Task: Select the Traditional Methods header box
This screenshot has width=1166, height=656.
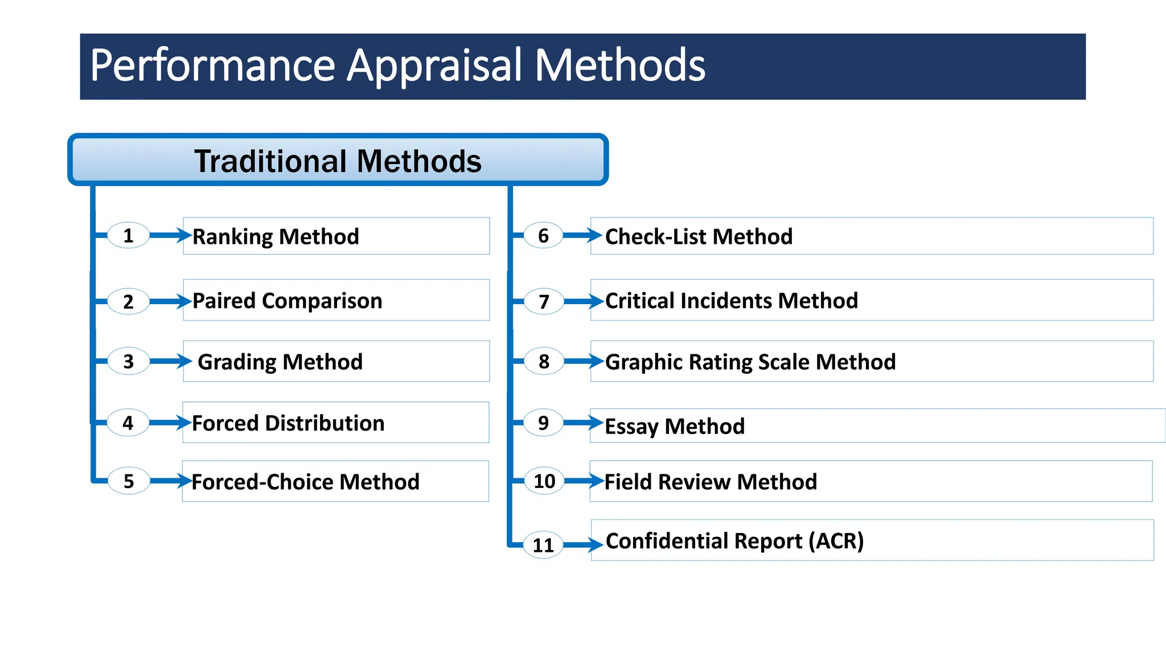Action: pos(338,160)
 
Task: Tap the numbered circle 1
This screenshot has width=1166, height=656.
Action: pos(128,235)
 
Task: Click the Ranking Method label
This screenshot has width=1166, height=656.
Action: pos(276,236)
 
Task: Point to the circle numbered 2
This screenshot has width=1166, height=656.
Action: pos(128,301)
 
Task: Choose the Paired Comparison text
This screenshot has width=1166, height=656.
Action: pos(287,301)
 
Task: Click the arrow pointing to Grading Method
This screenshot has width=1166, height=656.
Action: pos(170,361)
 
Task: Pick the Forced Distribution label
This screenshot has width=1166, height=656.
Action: pos(288,423)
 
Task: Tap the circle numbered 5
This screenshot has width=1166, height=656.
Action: pos(129,481)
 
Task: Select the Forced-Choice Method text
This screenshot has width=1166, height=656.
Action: pos(305,482)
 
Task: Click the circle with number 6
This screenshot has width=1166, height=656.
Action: pos(543,235)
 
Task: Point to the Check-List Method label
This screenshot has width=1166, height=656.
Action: pos(699,236)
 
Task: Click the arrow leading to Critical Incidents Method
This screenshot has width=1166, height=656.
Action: pos(583,301)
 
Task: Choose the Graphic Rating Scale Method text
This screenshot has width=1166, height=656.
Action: pos(750,362)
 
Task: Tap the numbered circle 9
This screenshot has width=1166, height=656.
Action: pos(543,423)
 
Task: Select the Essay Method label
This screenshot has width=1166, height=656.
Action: pos(675,426)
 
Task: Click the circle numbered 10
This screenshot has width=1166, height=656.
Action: pos(544,481)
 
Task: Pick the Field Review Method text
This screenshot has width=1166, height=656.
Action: pos(711,482)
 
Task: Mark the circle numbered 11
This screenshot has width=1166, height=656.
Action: pos(543,545)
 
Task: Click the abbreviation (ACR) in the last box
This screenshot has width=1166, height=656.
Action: pos(836,540)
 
